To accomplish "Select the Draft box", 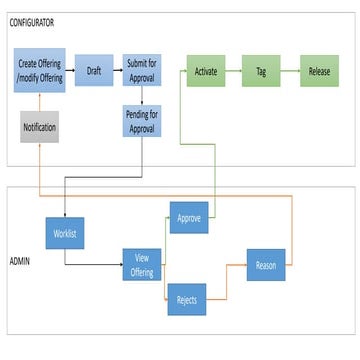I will tap(94, 70).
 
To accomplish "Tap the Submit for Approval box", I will tap(142, 70).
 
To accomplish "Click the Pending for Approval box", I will tap(142, 121).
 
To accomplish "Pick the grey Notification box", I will tap(40, 127).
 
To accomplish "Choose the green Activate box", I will tap(206, 71).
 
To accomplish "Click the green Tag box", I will tap(261, 71).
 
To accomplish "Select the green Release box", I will tap(319, 71).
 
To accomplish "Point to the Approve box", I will tap(188, 217).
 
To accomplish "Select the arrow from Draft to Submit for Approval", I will tap(118, 70).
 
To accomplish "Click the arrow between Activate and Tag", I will tap(234, 71).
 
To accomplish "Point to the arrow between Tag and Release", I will tap(290, 71).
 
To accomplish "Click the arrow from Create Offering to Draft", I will tap(69, 70).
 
